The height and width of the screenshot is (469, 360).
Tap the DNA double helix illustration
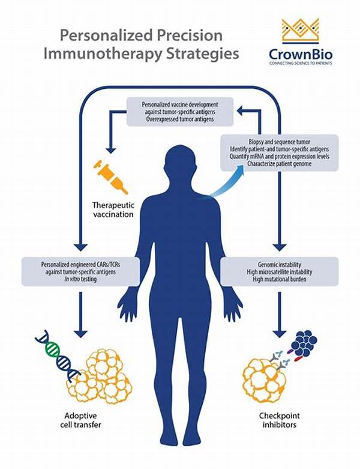pyautogui.click(x=58, y=356)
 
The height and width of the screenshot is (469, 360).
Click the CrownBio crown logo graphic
pyautogui.click(x=301, y=31)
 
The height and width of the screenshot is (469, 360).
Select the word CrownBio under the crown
pyautogui.click(x=301, y=55)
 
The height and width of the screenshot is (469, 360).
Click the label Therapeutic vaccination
pyautogui.click(x=113, y=210)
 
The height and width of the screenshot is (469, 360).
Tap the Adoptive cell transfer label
pyautogui.click(x=80, y=420)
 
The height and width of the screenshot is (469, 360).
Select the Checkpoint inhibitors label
pyautogui.click(x=280, y=420)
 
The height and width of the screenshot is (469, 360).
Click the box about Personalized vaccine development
pyautogui.click(x=180, y=112)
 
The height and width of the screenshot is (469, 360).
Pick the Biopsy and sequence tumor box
pyautogui.click(x=280, y=153)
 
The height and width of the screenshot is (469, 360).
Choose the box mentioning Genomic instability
pyautogui.click(x=280, y=272)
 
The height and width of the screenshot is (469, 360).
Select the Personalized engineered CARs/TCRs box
pyautogui.click(x=80, y=272)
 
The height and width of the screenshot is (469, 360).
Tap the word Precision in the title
pyautogui.click(x=190, y=35)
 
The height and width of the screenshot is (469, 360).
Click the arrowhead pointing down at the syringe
pyautogui.click(x=111, y=149)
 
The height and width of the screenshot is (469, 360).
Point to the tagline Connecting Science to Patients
pyautogui.click(x=301, y=64)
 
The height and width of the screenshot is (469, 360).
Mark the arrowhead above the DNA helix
pyautogui.click(x=80, y=333)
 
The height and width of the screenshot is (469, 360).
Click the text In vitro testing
pyautogui.click(x=80, y=279)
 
